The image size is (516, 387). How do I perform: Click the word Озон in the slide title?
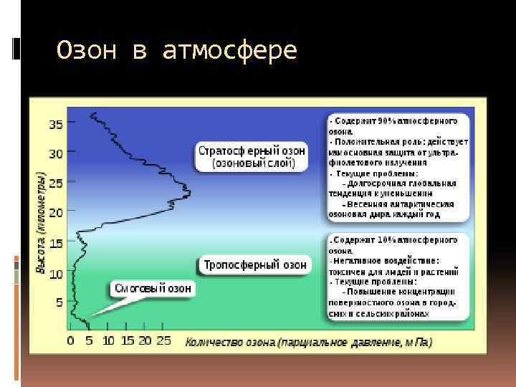[85, 51]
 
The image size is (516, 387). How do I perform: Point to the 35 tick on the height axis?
[56, 124]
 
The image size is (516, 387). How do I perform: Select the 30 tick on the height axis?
[56, 153]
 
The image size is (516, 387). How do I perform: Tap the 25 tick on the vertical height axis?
[56, 183]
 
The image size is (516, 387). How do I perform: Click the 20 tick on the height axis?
[56, 213]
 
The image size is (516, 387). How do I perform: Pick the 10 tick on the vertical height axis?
[56, 273]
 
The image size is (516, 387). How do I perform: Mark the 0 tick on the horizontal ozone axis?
[70, 341]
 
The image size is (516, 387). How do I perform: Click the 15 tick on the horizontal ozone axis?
[127, 341]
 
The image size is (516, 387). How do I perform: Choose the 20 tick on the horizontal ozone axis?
[145, 341]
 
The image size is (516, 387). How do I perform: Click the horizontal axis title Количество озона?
[308, 342]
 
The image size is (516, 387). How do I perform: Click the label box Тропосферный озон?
[254, 264]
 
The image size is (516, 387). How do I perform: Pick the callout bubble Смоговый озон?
[153, 289]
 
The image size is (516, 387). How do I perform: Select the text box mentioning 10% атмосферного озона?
[398, 276]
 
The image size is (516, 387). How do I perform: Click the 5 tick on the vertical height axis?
[59, 303]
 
